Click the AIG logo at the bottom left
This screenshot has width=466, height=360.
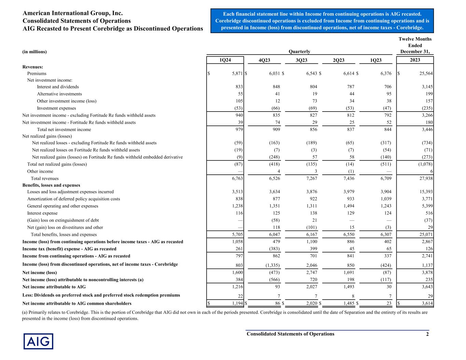[x=38, y=341]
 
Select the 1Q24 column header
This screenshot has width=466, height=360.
[x=225, y=60]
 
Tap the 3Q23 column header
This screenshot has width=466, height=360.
[x=301, y=60]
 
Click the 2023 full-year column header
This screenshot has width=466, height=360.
[x=415, y=60]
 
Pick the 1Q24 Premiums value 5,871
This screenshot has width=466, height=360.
[x=236, y=73]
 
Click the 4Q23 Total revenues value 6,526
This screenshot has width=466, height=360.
[x=273, y=178]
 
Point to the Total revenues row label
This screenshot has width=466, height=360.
[x=45, y=178]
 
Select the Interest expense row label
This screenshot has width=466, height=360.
[x=42, y=213]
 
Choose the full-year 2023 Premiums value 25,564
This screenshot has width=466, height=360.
[x=424, y=73]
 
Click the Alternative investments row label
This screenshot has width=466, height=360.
[x=59, y=94]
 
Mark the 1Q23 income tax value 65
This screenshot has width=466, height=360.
[x=388, y=249]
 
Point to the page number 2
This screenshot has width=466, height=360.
[x=427, y=334]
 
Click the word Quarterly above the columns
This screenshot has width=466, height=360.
[x=299, y=52]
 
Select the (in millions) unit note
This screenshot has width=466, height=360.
[x=34, y=52]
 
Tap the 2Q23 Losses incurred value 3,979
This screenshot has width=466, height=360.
[x=348, y=192]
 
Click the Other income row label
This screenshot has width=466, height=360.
[x=40, y=171]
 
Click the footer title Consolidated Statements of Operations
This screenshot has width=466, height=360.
[x=291, y=334]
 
